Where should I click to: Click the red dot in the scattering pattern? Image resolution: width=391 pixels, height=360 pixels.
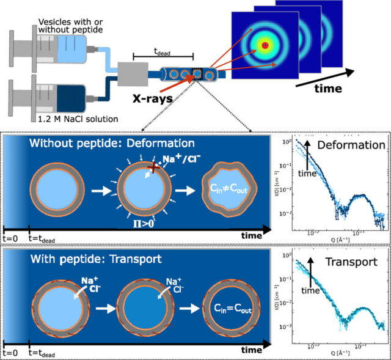click(265, 45)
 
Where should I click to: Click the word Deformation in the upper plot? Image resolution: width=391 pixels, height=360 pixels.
click(355, 146)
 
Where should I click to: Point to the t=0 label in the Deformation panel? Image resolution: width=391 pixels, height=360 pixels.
click(11, 237)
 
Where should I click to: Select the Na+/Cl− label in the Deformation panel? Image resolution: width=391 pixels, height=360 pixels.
click(164, 160)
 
